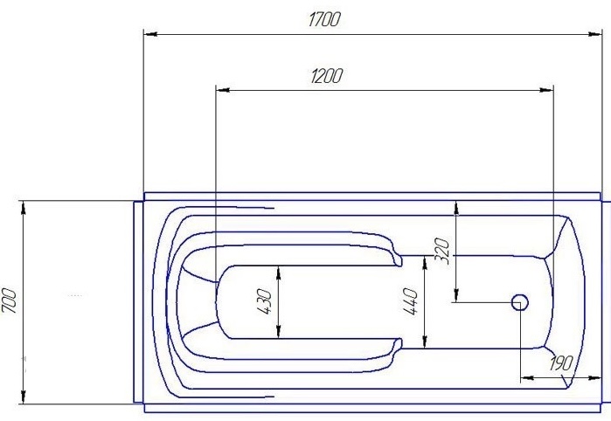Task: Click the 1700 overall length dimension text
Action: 323,20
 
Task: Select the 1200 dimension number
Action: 325,76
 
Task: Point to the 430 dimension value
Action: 266,301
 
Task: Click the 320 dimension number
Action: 442,253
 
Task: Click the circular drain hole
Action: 519,302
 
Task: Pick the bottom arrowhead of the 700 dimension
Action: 24,397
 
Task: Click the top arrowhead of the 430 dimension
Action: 278,271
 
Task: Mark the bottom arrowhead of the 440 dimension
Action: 425,342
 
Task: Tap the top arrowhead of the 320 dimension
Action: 455,207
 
